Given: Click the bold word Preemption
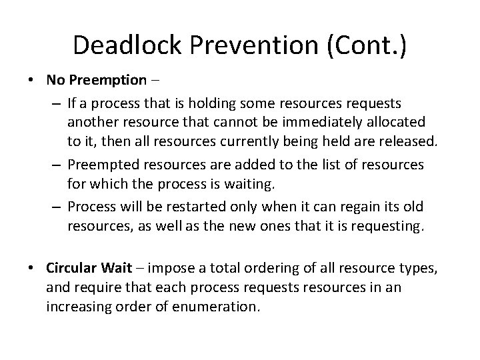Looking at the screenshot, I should tap(107, 81).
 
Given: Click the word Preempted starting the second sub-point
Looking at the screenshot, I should tap(99, 165).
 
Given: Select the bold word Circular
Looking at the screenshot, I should tap(72, 268).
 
